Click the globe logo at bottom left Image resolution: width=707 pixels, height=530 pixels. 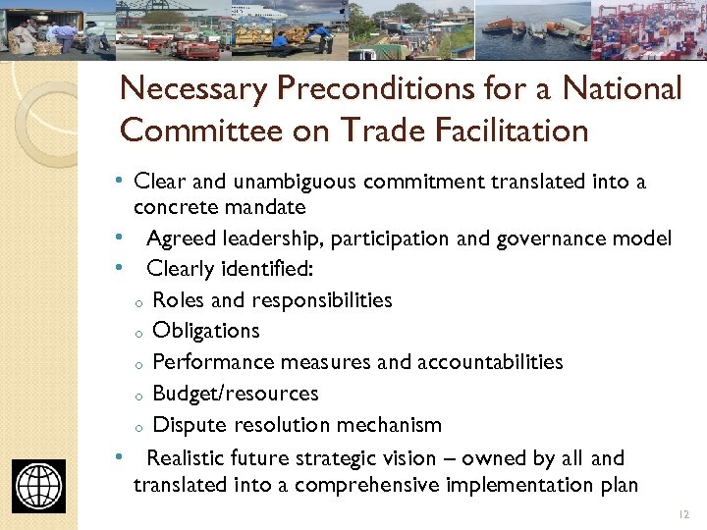(39, 486)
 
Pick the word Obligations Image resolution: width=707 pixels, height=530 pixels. (206, 331)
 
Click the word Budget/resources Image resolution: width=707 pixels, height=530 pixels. (236, 394)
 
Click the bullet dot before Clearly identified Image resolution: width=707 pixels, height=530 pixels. (119, 268)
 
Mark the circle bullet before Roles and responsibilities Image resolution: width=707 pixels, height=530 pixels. (140, 302)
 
